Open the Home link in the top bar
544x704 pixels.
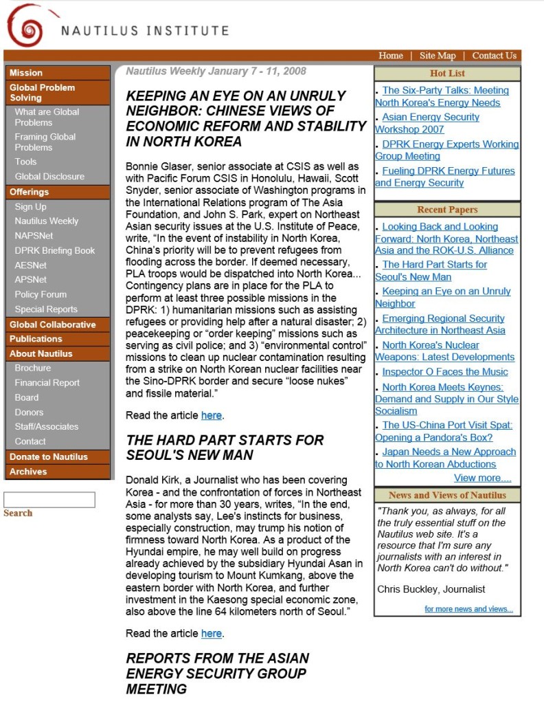pyautogui.click(x=391, y=56)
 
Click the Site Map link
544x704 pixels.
pyautogui.click(x=438, y=56)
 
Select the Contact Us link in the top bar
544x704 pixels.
pyautogui.click(x=494, y=56)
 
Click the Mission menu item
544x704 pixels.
pyautogui.click(x=26, y=73)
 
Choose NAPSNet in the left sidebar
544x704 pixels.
pyautogui.click(x=34, y=236)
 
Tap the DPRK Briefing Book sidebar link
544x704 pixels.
pyautogui.click(x=55, y=250)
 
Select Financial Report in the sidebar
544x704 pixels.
pyautogui.click(x=47, y=383)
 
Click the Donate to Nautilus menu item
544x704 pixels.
pyautogui.click(x=49, y=457)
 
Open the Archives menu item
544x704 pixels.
pyautogui.click(x=28, y=472)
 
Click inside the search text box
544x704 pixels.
pyautogui.click(x=49, y=500)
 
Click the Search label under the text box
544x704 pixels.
pyautogui.click(x=18, y=514)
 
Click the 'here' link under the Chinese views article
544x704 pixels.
pyautogui.click(x=212, y=415)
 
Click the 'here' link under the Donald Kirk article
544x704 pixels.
pyautogui.click(x=212, y=633)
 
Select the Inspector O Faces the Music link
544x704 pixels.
pyautogui.click(x=445, y=372)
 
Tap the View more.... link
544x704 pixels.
pyautogui.click(x=482, y=478)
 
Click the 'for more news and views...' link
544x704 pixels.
pyautogui.click(x=468, y=609)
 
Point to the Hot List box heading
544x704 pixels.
pyautogui.click(x=447, y=74)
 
